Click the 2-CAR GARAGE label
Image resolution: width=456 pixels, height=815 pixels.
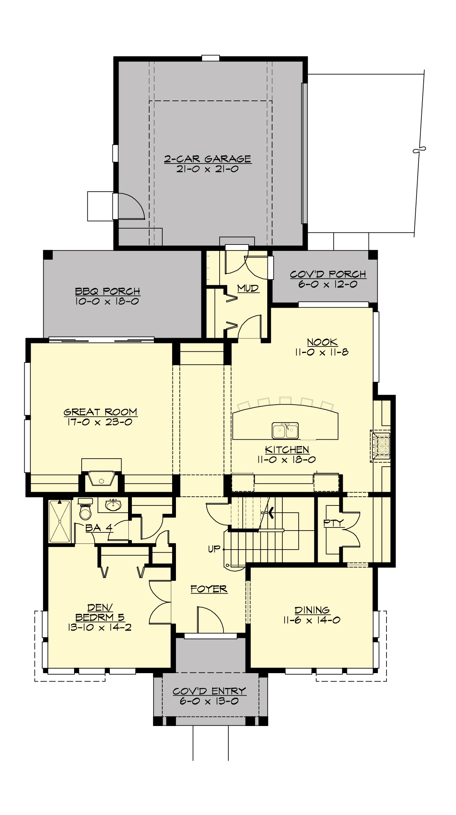click(x=207, y=159)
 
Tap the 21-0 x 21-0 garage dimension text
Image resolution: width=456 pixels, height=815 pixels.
click(x=207, y=169)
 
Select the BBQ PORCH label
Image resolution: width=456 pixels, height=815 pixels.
click(x=108, y=291)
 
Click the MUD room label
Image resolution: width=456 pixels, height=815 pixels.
click(x=248, y=288)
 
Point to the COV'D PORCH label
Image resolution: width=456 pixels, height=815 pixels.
click(x=328, y=274)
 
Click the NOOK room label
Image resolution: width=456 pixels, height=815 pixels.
click(x=322, y=342)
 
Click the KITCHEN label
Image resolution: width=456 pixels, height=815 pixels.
click(x=287, y=450)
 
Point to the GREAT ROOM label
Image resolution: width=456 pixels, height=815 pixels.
click(x=100, y=412)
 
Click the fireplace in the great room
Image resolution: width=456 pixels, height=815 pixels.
click(x=101, y=479)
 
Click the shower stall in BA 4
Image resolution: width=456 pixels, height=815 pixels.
click(x=60, y=521)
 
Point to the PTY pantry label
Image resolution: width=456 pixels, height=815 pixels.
click(x=333, y=523)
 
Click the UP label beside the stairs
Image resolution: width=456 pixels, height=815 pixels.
click(x=214, y=549)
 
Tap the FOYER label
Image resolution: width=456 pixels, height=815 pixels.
click(x=209, y=589)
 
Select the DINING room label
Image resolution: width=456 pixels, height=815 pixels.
click(x=312, y=610)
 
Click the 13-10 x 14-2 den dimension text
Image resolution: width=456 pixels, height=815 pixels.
click(x=100, y=628)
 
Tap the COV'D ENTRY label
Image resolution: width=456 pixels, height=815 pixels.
click(x=209, y=691)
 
